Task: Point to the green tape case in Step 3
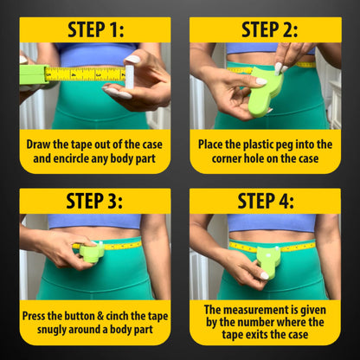pyautogui.click(x=92, y=254)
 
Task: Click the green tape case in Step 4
pyautogui.click(x=268, y=260)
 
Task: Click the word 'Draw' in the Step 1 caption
pyautogui.click(x=42, y=144)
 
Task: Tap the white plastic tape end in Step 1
pyautogui.click(x=130, y=75)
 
